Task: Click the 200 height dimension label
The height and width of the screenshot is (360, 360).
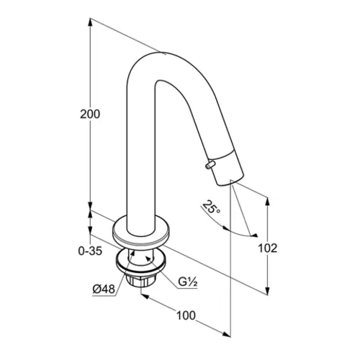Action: pyautogui.click(x=90, y=114)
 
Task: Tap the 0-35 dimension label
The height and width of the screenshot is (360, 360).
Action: pyautogui.click(x=90, y=251)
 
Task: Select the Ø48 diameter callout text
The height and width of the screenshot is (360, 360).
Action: pyautogui.click(x=104, y=289)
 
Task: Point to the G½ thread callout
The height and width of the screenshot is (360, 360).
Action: pyautogui.click(x=188, y=282)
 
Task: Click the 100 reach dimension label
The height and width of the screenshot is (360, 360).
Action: pyautogui.click(x=186, y=315)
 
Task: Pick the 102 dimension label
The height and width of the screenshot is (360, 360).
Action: pyautogui.click(x=267, y=248)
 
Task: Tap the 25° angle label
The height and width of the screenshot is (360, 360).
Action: pyautogui.click(x=211, y=207)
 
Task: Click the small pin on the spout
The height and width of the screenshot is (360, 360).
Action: pyautogui.click(x=210, y=165)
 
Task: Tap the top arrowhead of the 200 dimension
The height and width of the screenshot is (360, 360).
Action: pyautogui.click(x=90, y=22)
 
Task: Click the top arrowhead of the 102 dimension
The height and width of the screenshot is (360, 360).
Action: pyautogui.click(x=268, y=201)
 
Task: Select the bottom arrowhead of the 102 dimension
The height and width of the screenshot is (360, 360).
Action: pyautogui.click(x=268, y=290)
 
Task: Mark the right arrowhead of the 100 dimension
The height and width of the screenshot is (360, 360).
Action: pyautogui.click(x=226, y=334)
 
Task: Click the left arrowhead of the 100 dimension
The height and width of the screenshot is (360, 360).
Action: pyautogui.click(x=145, y=297)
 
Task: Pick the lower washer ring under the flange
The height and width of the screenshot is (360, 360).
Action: pyautogui.click(x=140, y=261)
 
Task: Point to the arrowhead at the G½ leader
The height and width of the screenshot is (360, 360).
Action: pyautogui.click(x=149, y=258)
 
